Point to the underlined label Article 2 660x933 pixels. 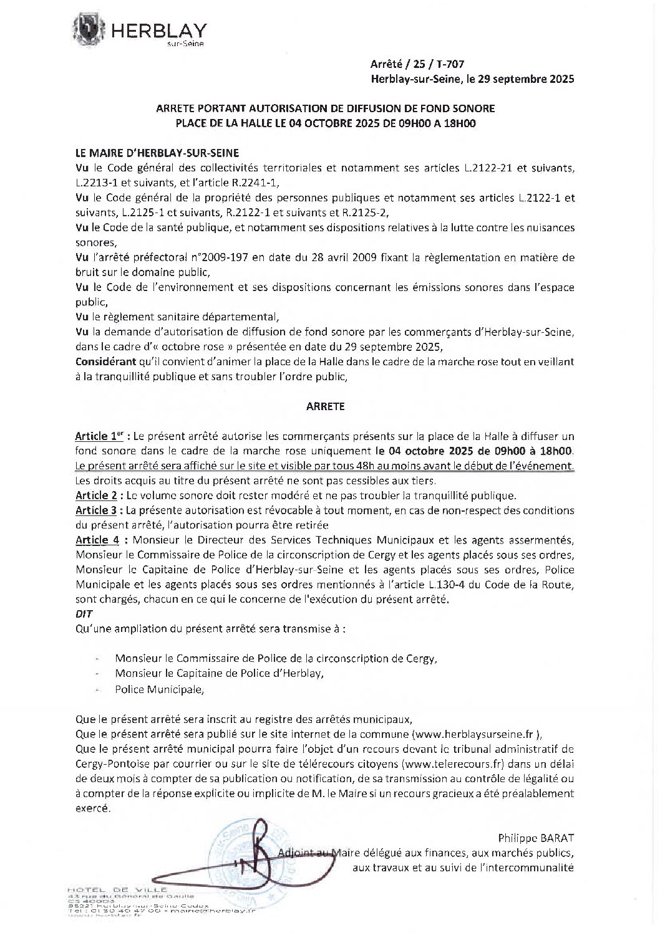(x=96, y=495)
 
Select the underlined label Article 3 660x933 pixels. (x=96, y=510)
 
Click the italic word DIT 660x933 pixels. (x=82, y=614)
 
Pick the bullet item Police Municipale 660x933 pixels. (x=159, y=690)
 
